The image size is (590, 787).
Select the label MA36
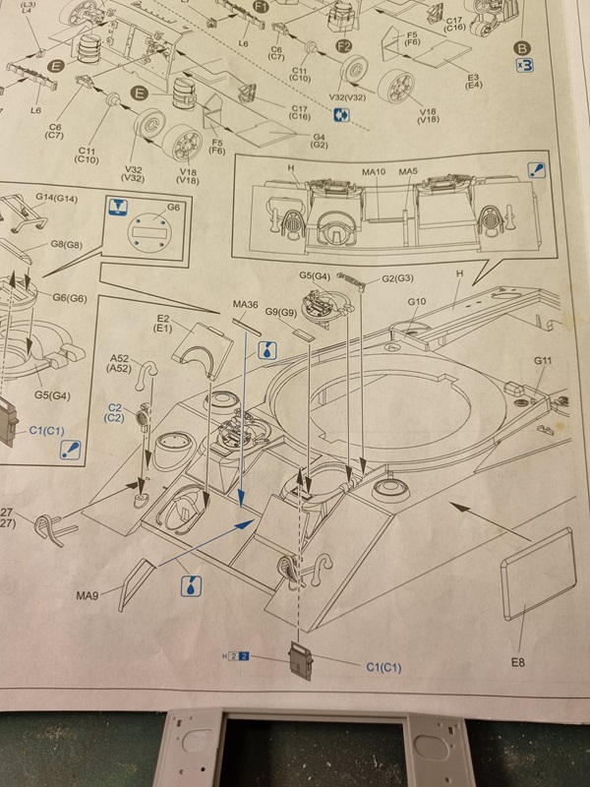(x=246, y=305)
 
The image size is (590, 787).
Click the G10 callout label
(x=417, y=301)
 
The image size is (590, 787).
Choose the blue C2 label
(x=115, y=413)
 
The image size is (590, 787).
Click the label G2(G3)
(x=395, y=278)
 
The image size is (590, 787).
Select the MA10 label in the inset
(x=373, y=173)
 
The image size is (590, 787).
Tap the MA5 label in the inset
(x=408, y=173)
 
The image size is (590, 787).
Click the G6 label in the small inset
(x=173, y=208)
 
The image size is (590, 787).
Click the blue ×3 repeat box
(x=524, y=67)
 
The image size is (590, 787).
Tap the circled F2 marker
(x=343, y=46)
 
